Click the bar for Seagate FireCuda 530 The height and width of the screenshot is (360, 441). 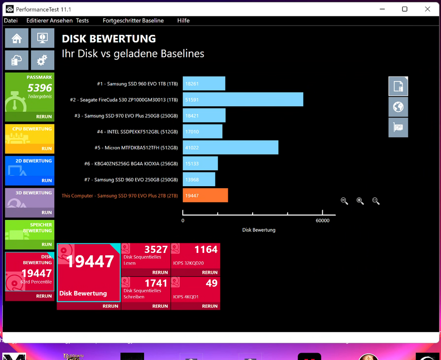click(243, 99)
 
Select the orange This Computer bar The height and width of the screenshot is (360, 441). click(205, 195)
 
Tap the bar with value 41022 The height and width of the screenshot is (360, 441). click(231, 147)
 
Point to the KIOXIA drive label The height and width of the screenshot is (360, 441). click(131, 164)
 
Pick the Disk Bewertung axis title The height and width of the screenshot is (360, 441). click(259, 230)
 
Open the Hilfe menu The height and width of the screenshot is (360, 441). click(184, 21)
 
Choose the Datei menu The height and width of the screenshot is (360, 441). click(11, 21)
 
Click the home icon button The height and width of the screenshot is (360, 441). click(17, 38)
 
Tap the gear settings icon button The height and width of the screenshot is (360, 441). click(42, 60)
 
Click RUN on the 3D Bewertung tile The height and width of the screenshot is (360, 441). click(47, 213)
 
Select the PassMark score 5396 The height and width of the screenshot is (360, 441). click(40, 88)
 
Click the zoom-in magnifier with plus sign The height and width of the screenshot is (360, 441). click(360, 201)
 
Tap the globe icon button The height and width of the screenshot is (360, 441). click(398, 107)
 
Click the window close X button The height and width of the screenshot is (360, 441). click(428, 9)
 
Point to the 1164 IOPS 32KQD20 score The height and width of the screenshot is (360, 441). click(206, 249)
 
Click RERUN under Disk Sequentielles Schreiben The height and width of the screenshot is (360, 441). click(160, 306)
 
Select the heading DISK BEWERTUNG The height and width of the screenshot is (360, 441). click(109, 39)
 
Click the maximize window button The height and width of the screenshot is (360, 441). click(404, 9)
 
